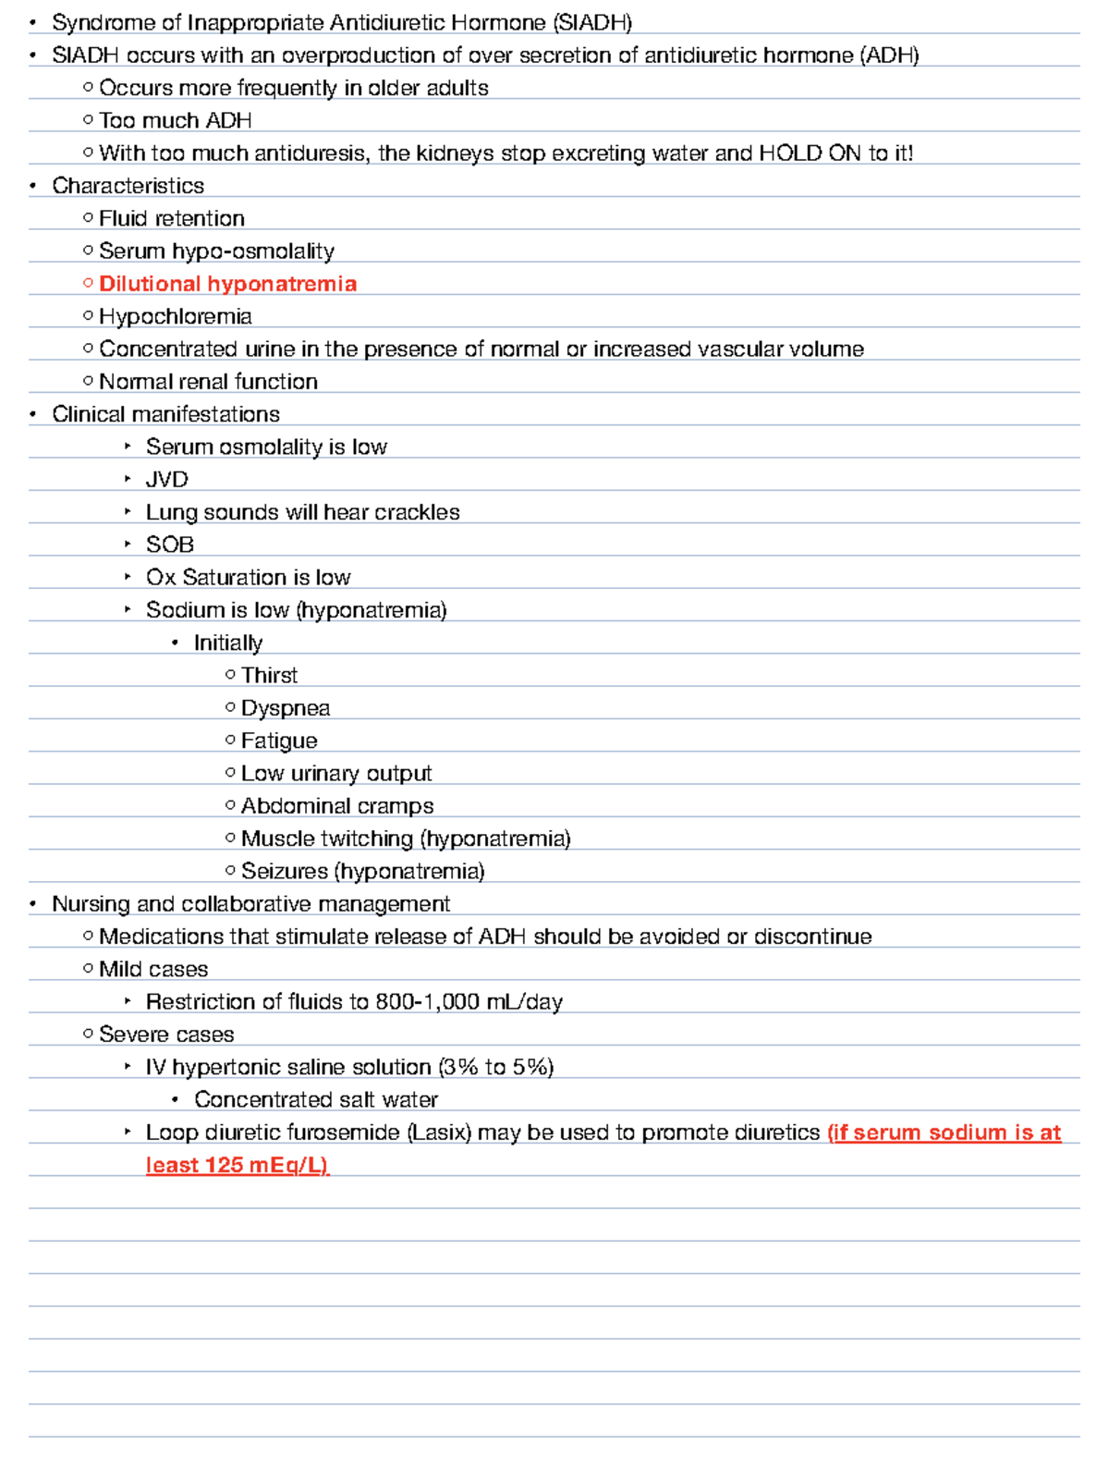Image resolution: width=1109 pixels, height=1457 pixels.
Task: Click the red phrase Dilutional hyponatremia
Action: click(x=227, y=284)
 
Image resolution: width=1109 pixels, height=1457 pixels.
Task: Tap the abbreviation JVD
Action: click(x=166, y=480)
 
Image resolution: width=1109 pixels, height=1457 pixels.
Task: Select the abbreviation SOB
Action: click(x=169, y=545)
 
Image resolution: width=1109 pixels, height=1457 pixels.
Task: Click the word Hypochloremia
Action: click(x=175, y=316)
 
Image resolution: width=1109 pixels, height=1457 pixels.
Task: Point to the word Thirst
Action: click(x=269, y=676)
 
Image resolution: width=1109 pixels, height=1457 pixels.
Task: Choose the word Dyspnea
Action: click(x=285, y=708)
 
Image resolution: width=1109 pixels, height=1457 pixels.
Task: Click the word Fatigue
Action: click(x=278, y=741)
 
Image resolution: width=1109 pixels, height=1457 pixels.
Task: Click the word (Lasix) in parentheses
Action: click(x=439, y=1133)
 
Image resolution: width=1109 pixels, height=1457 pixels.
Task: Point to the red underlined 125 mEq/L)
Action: click(x=267, y=1165)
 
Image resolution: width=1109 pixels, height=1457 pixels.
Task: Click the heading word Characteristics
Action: click(x=128, y=186)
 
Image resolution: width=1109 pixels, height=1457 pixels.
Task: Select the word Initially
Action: click(x=227, y=643)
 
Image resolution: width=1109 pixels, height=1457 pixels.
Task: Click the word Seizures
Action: click(x=284, y=871)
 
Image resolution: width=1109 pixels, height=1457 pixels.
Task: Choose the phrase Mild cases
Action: click(x=153, y=969)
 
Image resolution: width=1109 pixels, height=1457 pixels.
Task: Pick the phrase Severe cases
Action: click(x=166, y=1035)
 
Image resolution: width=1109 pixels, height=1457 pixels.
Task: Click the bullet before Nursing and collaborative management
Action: click(x=33, y=904)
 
